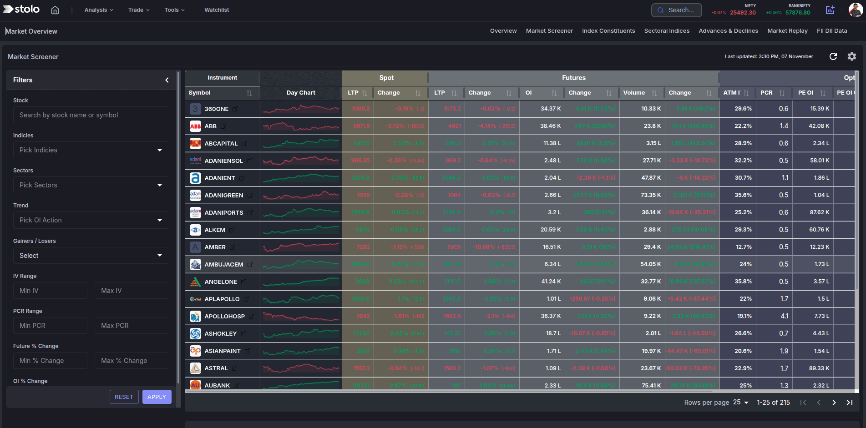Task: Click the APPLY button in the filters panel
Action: (157, 397)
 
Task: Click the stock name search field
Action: (91, 115)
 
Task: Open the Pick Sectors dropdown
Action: (91, 185)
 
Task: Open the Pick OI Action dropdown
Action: (91, 220)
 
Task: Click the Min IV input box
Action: (50, 291)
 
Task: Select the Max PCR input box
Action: (132, 326)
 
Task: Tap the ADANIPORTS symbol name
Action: (223, 212)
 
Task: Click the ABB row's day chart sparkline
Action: (301, 126)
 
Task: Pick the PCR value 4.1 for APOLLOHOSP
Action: (784, 316)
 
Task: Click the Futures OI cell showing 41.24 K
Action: (551, 282)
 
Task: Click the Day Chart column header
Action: (301, 93)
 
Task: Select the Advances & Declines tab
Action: (728, 31)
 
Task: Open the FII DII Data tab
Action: (831, 31)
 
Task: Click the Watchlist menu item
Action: (217, 10)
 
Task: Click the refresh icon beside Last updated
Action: (833, 56)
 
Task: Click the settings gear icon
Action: (852, 56)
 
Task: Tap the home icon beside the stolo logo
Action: (55, 10)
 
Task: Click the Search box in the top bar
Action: (676, 10)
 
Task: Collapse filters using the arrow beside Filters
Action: (167, 80)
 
